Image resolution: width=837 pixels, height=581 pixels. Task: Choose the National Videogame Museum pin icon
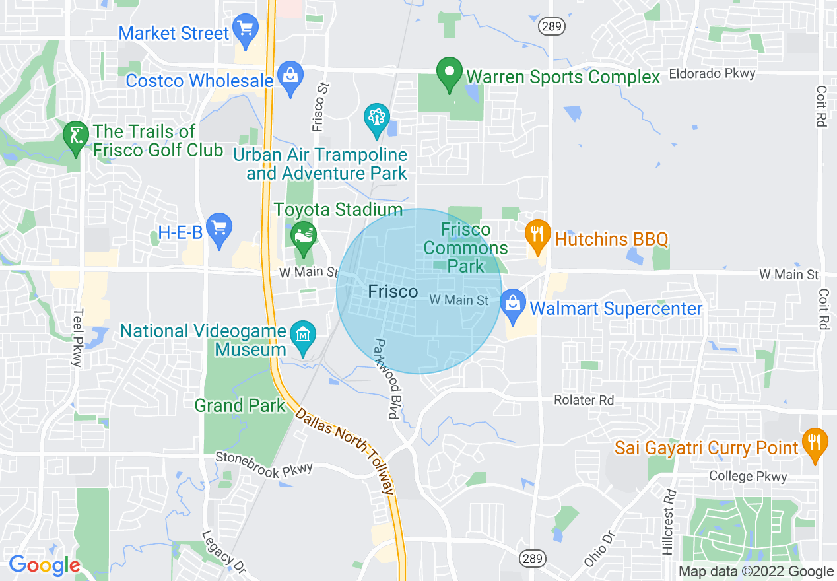pos(303,337)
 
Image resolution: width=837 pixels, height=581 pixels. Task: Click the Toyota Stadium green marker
pos(304,238)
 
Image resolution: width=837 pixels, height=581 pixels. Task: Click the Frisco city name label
pos(393,291)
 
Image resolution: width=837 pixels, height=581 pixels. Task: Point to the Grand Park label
pos(240,405)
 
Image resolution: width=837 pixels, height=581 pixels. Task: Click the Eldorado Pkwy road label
pos(712,73)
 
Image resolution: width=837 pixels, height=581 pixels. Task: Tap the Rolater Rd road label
pos(584,400)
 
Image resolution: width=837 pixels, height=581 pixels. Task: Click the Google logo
pos(44,565)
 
